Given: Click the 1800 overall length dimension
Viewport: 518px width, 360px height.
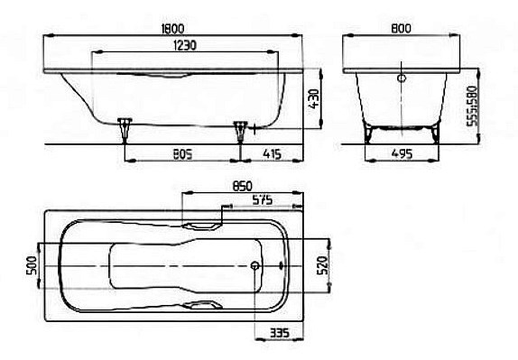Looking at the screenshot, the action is [x=172, y=29].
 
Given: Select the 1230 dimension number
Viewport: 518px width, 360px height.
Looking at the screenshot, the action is [x=184, y=46].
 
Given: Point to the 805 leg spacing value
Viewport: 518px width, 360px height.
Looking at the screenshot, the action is [x=182, y=154].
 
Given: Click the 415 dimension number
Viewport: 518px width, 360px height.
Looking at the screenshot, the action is [x=272, y=154].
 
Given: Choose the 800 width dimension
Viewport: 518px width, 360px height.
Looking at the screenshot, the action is [x=401, y=29].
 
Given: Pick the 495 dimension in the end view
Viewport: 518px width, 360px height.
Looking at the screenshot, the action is [x=402, y=154].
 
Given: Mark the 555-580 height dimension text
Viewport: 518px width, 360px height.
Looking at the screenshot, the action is [x=472, y=106].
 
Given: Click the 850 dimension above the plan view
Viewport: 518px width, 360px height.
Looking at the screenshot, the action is [x=242, y=186].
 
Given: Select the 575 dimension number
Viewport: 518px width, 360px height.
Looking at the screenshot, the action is [x=262, y=199].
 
